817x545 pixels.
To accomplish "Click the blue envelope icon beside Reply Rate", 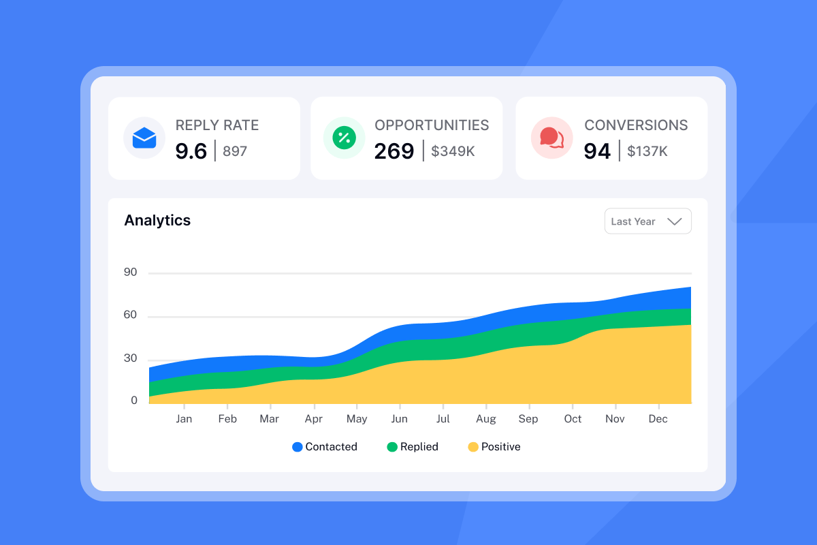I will (144, 138).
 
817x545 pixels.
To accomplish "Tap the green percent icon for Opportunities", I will (345, 138).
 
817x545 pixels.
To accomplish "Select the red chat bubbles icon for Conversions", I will (551, 138).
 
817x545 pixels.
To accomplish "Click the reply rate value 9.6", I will (191, 151).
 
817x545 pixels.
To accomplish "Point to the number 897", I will (235, 151).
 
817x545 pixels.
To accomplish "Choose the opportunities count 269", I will (394, 151).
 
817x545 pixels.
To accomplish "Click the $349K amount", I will (453, 151).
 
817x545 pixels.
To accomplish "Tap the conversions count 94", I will (597, 151).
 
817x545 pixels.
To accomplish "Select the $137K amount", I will (647, 151).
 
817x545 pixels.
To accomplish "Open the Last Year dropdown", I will (647, 221).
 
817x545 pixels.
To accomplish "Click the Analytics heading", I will (157, 221).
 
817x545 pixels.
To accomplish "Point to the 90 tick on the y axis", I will (130, 272).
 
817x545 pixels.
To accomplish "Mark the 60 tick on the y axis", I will (130, 315).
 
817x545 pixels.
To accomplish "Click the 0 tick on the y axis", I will (134, 401).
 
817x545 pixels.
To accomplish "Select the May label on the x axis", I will (357, 419).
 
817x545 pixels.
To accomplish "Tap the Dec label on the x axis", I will (658, 419).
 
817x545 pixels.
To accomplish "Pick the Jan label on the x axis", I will (184, 419).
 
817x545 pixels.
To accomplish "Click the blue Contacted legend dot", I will (298, 448).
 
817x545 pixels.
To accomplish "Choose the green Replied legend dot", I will (392, 448).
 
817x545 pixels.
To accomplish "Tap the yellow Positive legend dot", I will (473, 448).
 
